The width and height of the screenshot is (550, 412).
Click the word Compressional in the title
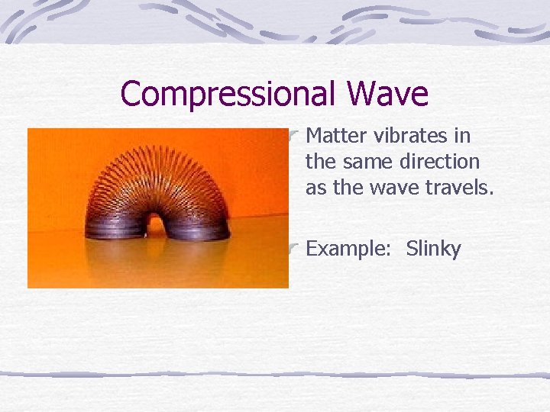(228, 95)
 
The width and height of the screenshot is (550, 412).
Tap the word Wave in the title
(387, 95)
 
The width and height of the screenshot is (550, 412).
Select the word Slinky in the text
(433, 249)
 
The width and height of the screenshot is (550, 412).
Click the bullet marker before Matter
(294, 136)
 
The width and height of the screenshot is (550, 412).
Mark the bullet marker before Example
(294, 247)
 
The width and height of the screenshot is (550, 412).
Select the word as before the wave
(315, 188)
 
